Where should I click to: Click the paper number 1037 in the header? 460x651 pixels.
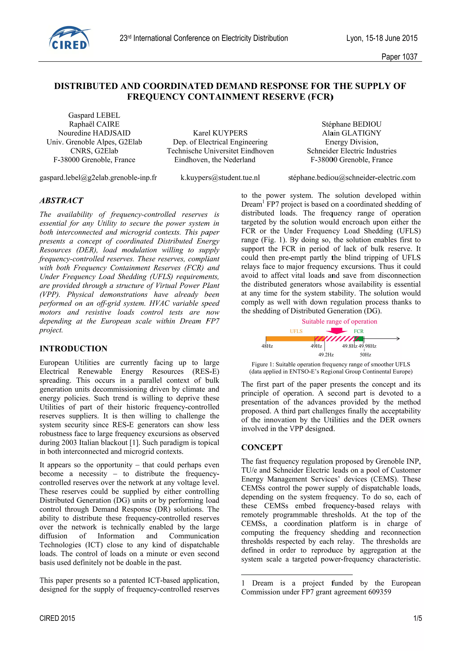click(399, 57)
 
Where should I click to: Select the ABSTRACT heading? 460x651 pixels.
click(62, 200)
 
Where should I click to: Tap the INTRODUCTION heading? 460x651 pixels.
click(73, 348)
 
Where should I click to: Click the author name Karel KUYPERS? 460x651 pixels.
click(220, 133)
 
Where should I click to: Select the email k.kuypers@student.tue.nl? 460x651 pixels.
click(220, 178)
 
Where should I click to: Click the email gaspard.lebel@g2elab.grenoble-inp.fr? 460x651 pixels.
click(98, 178)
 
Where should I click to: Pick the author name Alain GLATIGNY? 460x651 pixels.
click(352, 133)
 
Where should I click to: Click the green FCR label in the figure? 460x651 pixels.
click(358, 331)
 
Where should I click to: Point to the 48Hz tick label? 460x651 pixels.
click(267, 346)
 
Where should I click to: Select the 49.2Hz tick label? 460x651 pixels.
click(326, 355)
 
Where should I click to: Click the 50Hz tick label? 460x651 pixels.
click(365, 355)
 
